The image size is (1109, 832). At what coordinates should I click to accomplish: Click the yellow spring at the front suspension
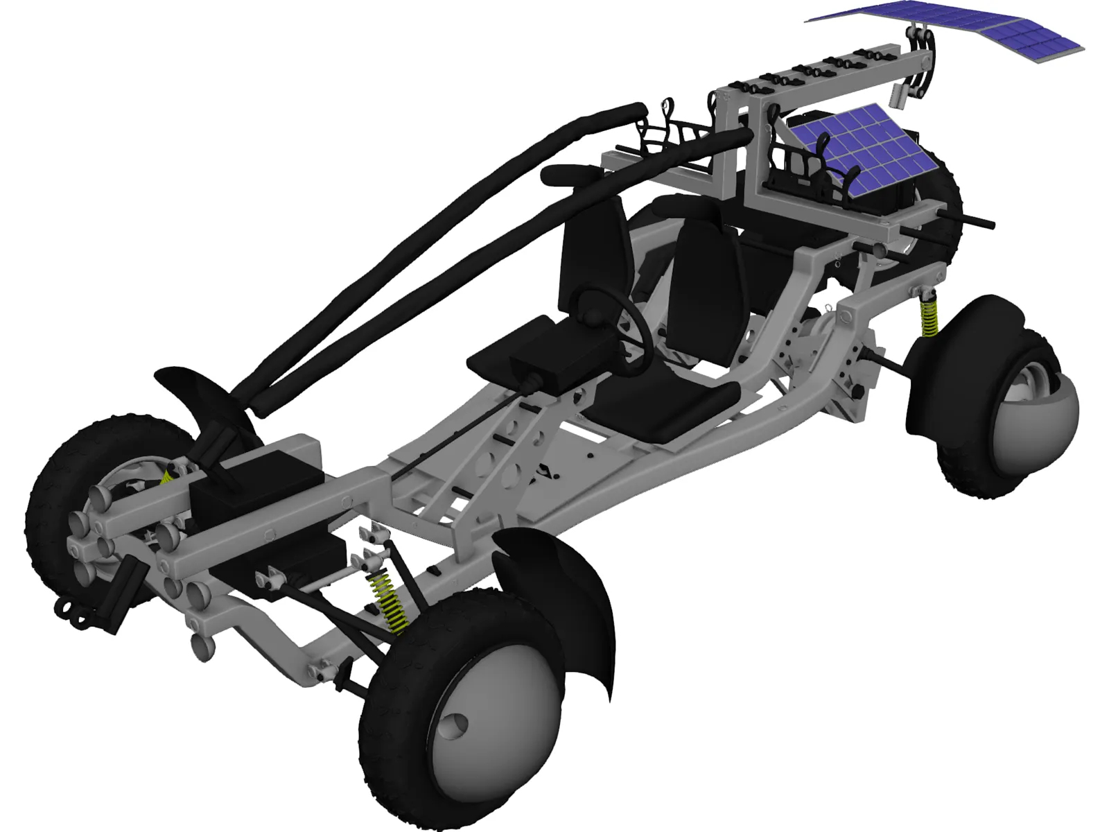click(x=390, y=603)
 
